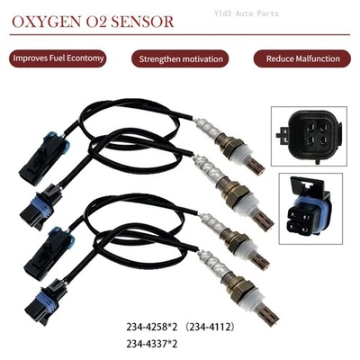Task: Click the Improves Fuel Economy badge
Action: pyautogui.click(x=59, y=58)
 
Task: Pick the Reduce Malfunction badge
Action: pyautogui.click(x=301, y=59)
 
